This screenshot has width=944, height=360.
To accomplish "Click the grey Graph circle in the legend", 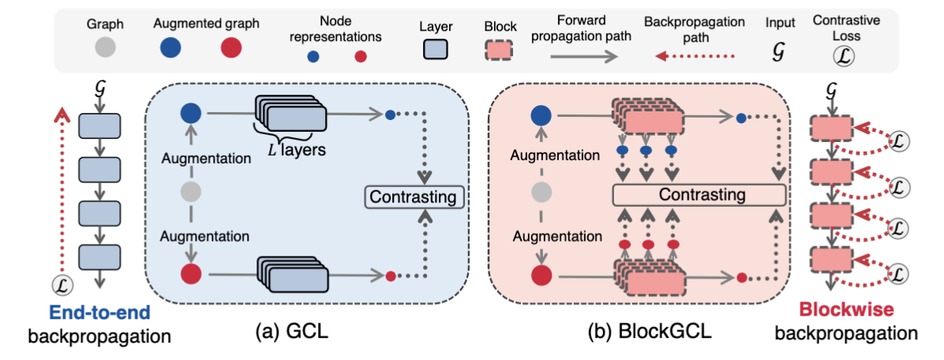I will [x=105, y=47].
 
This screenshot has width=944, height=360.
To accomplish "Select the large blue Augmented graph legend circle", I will [x=170, y=47].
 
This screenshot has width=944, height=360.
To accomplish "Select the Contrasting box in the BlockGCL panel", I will [x=699, y=194].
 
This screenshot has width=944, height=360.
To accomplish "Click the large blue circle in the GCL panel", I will [x=191, y=114].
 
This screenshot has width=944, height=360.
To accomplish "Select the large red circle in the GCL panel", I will [x=191, y=275].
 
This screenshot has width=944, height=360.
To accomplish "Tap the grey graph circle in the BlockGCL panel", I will [x=541, y=193].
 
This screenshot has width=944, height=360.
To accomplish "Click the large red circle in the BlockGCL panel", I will [x=541, y=277].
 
